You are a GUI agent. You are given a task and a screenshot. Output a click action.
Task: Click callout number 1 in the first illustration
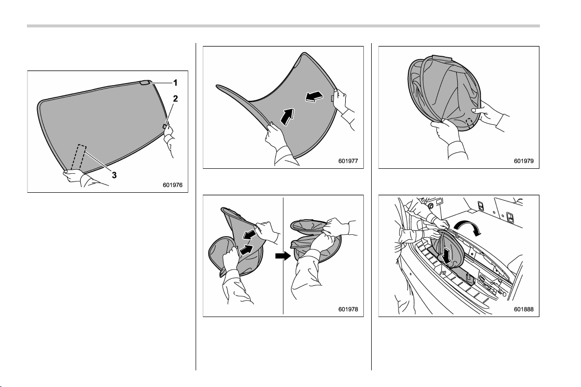click(175, 83)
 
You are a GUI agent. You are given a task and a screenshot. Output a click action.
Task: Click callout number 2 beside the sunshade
click(175, 98)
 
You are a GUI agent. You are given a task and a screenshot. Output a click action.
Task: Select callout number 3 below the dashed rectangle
click(114, 175)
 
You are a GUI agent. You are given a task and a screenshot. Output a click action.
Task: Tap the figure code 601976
click(173, 185)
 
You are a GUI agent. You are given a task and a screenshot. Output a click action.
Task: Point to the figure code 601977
click(348, 161)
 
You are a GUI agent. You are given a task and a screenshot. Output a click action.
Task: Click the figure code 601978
click(348, 309)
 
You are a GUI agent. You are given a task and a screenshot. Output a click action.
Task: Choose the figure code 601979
click(524, 161)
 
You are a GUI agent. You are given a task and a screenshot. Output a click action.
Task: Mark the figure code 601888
click(524, 309)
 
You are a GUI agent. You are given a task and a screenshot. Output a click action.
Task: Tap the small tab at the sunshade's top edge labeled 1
click(145, 83)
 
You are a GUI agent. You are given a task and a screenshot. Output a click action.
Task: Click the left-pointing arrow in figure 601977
click(314, 97)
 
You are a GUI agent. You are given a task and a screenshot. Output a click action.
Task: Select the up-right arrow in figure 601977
click(288, 116)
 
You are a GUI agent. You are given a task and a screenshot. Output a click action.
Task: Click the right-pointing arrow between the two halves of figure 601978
click(283, 256)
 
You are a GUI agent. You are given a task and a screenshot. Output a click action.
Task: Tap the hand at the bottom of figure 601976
click(74, 175)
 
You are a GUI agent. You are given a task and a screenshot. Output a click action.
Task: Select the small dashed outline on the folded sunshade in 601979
click(470, 122)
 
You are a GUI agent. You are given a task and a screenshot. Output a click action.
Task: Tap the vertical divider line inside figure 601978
click(284, 256)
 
